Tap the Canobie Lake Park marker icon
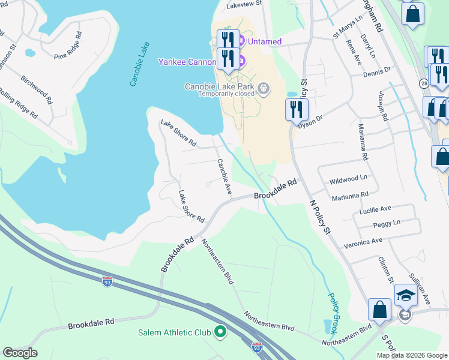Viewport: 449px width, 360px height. (x=262, y=90)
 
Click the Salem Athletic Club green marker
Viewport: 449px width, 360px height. (x=220, y=331)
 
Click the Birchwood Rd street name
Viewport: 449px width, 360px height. (x=36, y=88)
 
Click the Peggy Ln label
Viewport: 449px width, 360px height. (x=387, y=223)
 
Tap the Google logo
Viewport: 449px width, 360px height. (x=20, y=353)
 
